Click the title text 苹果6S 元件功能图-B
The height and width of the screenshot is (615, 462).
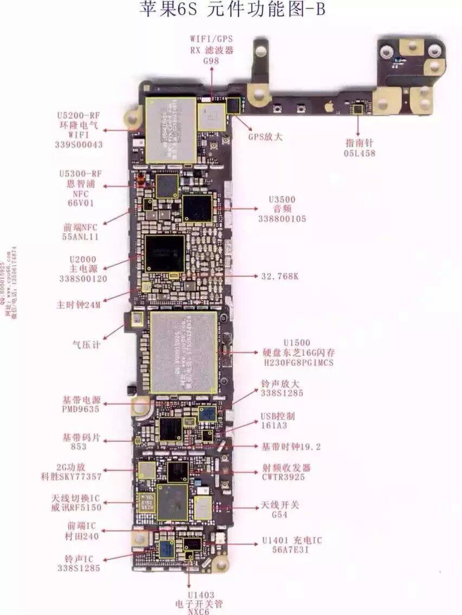[x=233, y=9]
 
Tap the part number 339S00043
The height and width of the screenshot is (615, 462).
[x=79, y=145]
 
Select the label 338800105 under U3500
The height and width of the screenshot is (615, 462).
[x=282, y=219]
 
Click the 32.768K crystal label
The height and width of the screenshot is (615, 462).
[x=279, y=276]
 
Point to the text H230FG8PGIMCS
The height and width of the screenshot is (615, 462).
[x=298, y=362]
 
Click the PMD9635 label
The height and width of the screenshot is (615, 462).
[x=81, y=409]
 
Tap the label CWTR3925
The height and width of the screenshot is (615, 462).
[x=283, y=477]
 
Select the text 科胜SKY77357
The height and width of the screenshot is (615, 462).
[x=79, y=477]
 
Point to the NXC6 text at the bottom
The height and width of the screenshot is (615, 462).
[x=198, y=612]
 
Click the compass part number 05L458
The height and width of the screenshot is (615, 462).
[x=360, y=153]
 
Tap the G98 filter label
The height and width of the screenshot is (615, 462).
[x=211, y=61]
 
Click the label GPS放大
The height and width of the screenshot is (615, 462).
[x=265, y=137]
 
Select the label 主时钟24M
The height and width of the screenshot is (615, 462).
[x=79, y=305]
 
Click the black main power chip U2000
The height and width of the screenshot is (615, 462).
[x=164, y=254]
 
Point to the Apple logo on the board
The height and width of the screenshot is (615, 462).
[x=329, y=106]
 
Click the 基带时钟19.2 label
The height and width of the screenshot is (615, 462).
[x=291, y=446]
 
